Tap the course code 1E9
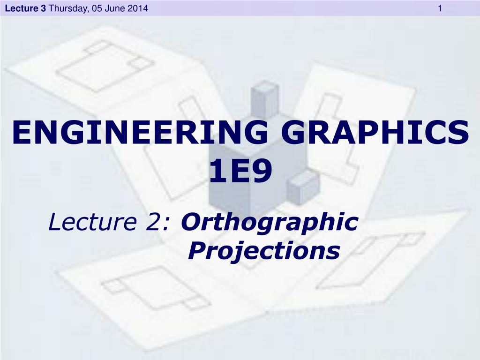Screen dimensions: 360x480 (240, 172)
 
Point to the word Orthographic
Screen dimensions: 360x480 (270, 222)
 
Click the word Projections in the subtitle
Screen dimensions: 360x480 (263, 251)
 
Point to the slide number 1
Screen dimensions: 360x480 (440, 8)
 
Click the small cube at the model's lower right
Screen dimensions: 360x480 (303, 186)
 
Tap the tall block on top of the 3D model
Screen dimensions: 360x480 (264, 99)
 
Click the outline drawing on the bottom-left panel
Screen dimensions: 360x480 (150, 287)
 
